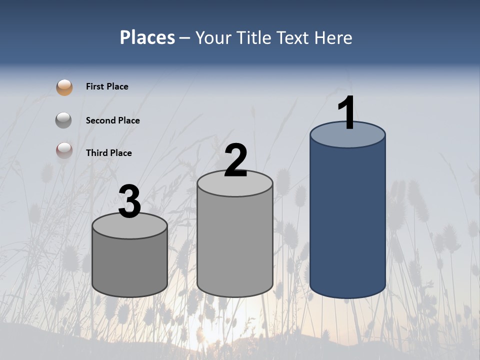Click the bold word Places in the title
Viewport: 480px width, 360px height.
(x=147, y=37)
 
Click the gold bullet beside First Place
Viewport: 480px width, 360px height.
(x=64, y=87)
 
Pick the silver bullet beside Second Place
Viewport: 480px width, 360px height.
(x=63, y=120)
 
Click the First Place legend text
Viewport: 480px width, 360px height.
(x=107, y=86)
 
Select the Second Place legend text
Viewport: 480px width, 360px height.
(x=112, y=120)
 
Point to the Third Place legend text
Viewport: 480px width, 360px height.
(x=108, y=153)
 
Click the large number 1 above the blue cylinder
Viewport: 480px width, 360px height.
(x=346, y=113)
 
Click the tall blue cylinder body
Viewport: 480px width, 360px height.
(x=347, y=220)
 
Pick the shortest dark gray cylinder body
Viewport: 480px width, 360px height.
(x=129, y=265)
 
